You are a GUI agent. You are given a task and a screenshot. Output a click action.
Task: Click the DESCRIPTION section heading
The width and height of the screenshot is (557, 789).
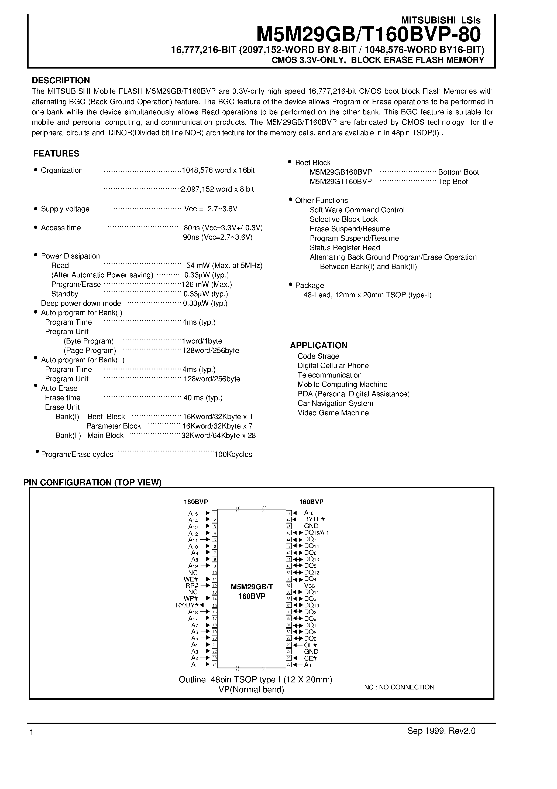(x=61, y=80)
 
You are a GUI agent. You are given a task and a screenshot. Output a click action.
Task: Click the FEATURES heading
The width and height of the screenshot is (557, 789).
(x=56, y=154)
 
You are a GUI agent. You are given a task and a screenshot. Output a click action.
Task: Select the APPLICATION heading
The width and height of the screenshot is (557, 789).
(x=319, y=345)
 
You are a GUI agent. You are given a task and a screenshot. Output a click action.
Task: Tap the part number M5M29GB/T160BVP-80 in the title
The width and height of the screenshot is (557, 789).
(x=369, y=34)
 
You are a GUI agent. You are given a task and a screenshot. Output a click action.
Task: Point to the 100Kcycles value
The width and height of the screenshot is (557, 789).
(x=233, y=454)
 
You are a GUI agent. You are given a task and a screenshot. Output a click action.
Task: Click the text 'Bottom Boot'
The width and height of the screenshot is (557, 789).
(x=458, y=172)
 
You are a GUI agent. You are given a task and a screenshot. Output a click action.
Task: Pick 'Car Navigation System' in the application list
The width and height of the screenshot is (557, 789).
(x=335, y=403)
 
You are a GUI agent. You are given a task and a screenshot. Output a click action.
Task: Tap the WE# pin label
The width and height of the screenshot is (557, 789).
(x=191, y=579)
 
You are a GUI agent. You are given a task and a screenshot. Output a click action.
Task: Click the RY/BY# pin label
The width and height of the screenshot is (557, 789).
(x=187, y=605)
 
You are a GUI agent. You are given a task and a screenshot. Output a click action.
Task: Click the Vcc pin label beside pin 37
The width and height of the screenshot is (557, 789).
(x=310, y=586)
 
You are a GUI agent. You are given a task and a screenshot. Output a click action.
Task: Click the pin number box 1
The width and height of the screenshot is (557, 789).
(x=214, y=513)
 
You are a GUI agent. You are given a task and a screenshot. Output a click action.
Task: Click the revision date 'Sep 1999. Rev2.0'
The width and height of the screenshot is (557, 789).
(x=441, y=740)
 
